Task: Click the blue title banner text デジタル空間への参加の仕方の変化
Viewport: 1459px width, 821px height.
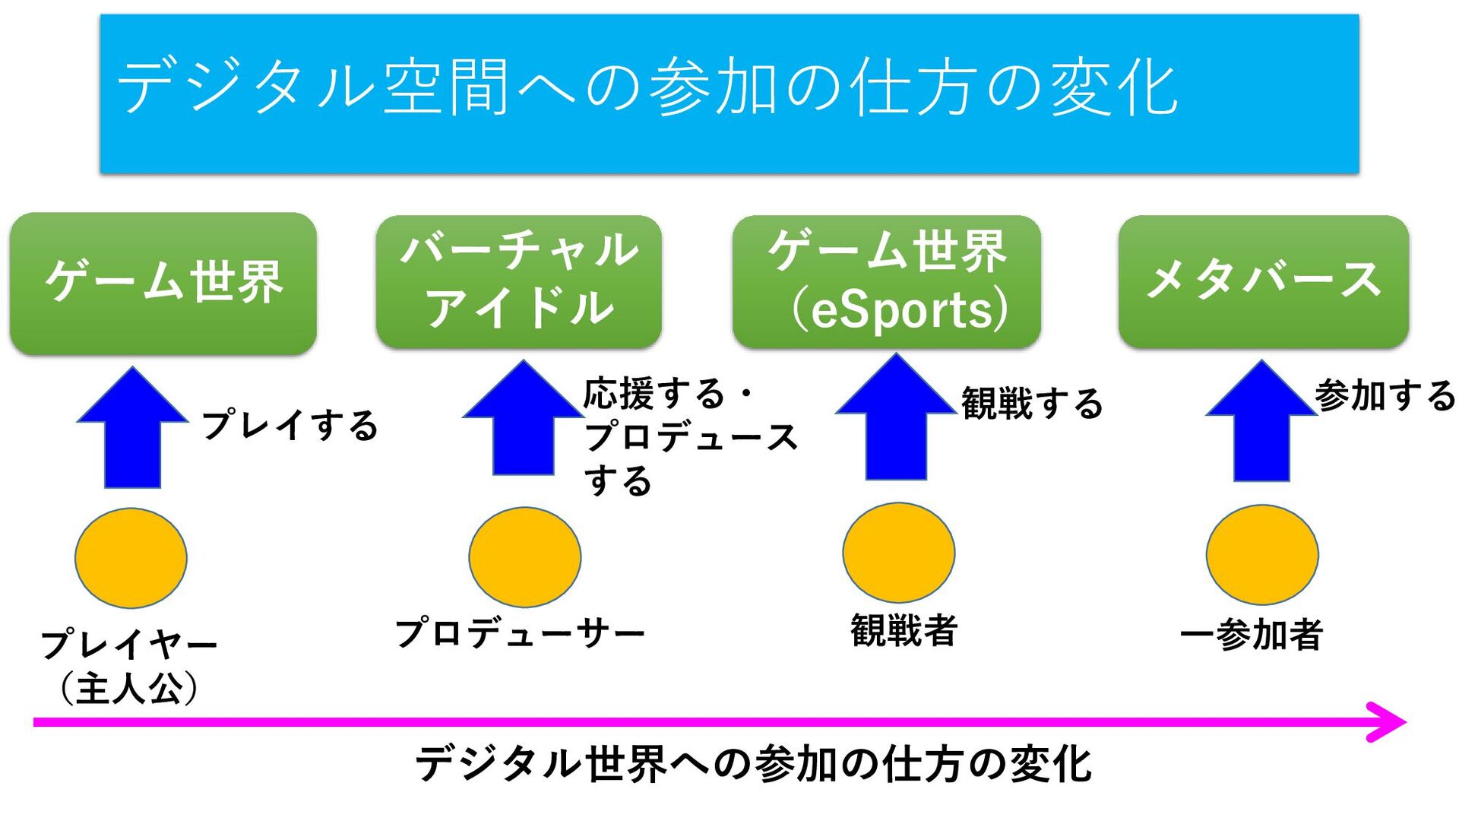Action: tap(647, 87)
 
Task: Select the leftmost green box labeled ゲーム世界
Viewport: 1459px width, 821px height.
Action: tap(163, 283)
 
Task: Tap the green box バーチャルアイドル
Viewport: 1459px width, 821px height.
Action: tap(519, 281)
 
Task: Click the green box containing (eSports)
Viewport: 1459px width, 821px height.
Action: tap(887, 281)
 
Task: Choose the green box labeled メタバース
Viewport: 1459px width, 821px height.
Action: tap(1263, 281)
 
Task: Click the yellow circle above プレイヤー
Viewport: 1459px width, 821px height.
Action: tap(131, 558)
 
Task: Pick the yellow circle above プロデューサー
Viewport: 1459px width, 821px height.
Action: tap(524, 557)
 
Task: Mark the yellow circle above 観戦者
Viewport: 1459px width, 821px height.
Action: tap(898, 553)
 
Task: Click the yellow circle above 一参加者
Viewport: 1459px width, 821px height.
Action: tap(1262, 555)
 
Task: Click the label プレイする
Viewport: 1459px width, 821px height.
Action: tap(290, 424)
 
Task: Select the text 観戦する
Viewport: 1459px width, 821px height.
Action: tap(1032, 403)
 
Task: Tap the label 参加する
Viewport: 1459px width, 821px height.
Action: tap(1385, 395)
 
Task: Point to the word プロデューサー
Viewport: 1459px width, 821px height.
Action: tap(520, 632)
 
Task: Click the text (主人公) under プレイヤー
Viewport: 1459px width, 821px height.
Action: tap(128, 688)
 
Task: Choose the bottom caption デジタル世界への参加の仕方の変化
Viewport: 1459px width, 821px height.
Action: tap(753, 764)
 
